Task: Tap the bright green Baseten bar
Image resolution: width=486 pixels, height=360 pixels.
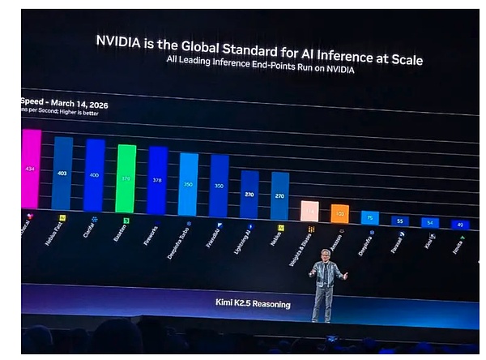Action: click(126, 178)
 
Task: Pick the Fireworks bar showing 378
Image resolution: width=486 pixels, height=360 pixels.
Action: click(157, 181)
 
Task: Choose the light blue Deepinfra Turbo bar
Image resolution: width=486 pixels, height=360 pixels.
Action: click(188, 184)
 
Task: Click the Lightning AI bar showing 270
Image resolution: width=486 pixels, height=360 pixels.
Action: click(249, 195)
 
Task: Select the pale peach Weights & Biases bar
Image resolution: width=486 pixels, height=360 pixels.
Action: click(309, 211)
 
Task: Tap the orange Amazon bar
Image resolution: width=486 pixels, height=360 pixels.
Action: click(339, 214)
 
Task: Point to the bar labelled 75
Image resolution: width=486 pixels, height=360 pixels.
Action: click(369, 217)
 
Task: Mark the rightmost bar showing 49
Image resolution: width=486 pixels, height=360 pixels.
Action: click(458, 225)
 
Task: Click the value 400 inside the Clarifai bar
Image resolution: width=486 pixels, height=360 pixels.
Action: click(95, 175)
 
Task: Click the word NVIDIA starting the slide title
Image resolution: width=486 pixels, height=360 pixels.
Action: click(123, 40)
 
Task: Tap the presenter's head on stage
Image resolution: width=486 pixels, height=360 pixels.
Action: click(326, 255)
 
